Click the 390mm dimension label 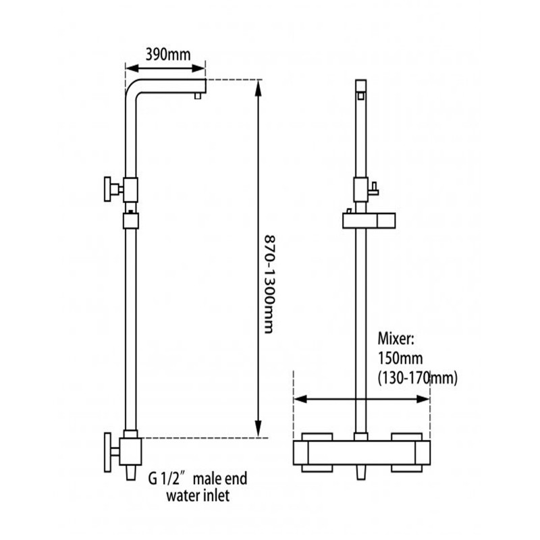167,55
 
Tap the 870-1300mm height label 269,284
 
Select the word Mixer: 396,339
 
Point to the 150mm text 400,358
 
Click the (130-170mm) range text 418,379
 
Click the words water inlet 198,496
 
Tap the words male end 220,479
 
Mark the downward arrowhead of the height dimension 258,429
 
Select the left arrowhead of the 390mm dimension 132,68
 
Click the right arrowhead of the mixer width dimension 423,399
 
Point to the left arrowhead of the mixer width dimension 300,399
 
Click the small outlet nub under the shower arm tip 198,96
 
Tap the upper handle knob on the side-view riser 108,189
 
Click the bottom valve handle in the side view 108,452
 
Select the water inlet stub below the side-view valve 131,473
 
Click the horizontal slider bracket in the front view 369,221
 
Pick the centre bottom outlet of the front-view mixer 361,472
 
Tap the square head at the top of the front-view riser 360,86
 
